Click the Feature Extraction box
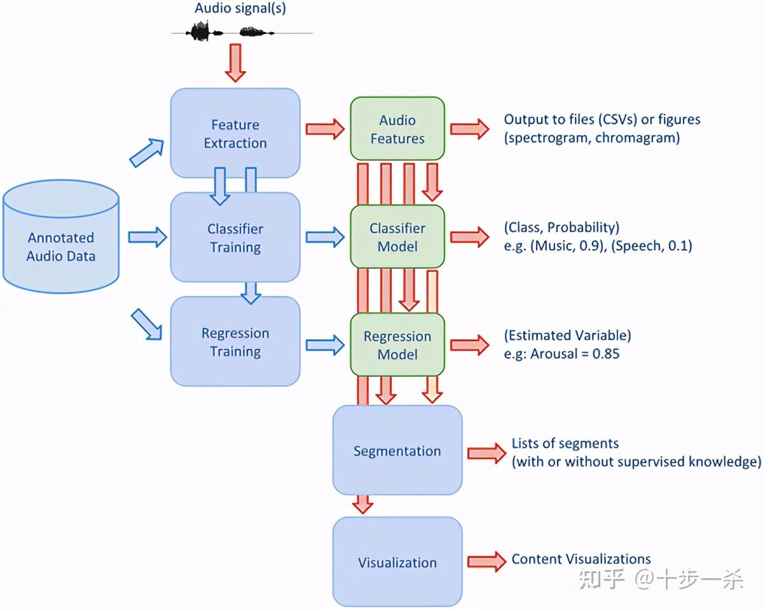pos(235,133)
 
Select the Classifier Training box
pos(235,238)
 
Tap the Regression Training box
pos(235,342)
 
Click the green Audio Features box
pos(397,129)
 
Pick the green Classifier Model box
pos(397,237)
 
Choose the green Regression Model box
pos(397,345)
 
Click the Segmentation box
pos(397,451)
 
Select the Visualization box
pos(397,562)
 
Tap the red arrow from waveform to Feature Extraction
pos(235,62)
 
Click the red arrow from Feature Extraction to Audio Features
pos(325,129)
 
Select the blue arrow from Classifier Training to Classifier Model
pos(325,237)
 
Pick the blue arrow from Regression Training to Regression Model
pos(325,345)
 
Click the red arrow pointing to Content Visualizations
pos(486,561)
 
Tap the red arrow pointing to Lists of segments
pos(486,453)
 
